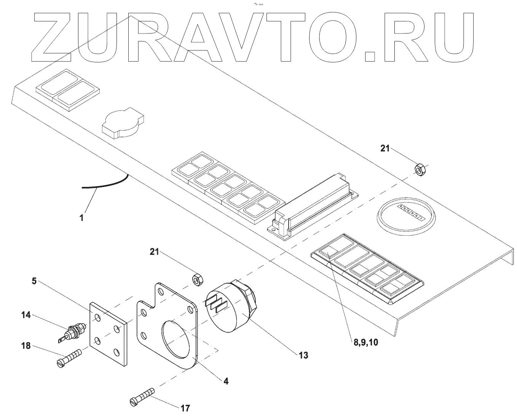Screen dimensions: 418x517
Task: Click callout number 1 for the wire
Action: (x=81, y=218)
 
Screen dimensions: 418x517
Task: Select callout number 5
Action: (x=34, y=282)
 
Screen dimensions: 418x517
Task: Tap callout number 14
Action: (x=26, y=315)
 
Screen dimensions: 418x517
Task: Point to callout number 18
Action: (x=26, y=346)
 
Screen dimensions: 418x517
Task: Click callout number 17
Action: (x=185, y=408)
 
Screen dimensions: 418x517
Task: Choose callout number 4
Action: (x=226, y=381)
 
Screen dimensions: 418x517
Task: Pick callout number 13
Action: (x=303, y=355)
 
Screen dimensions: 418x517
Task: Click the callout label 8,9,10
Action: (x=365, y=342)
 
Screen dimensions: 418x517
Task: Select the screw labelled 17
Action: (x=142, y=397)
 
